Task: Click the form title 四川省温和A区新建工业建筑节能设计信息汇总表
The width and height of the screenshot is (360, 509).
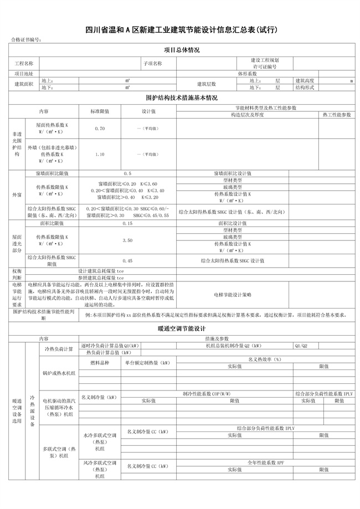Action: tap(181, 30)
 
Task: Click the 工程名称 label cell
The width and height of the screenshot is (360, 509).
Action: tap(24, 63)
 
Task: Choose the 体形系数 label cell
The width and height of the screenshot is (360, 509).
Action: tap(248, 73)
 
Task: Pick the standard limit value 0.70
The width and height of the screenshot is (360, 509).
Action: tap(100, 128)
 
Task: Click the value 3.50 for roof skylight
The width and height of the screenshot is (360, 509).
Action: tap(127, 241)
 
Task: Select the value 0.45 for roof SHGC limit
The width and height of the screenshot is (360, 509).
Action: tap(127, 260)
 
